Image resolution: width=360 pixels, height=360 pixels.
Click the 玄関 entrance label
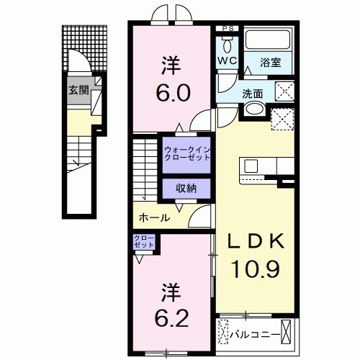pyautogui.click(x=79, y=91)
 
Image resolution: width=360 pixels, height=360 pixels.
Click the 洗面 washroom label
pyautogui.click(x=253, y=93)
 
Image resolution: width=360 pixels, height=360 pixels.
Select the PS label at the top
pyautogui.click(x=228, y=29)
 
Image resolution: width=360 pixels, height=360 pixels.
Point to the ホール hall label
pyautogui.click(x=154, y=217)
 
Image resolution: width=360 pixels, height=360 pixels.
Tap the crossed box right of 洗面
pyautogui.click(x=284, y=91)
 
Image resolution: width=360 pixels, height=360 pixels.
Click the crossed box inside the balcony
pyautogui.click(x=288, y=334)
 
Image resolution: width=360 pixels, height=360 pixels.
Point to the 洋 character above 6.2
pyautogui.click(x=170, y=293)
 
